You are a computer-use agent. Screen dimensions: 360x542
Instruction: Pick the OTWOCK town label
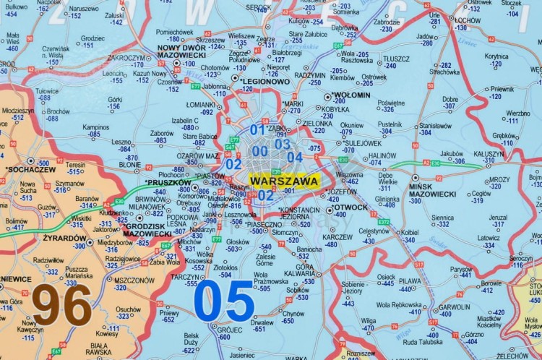(352, 207)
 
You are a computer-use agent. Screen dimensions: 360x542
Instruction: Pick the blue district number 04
(294, 157)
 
